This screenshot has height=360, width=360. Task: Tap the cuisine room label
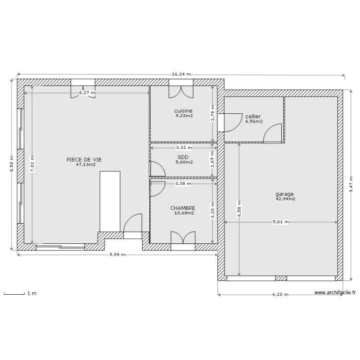(184, 110)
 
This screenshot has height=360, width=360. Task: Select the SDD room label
(183, 157)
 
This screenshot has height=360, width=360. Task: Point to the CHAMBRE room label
(183, 208)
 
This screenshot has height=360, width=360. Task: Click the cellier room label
(253, 117)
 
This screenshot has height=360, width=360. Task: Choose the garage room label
(285, 194)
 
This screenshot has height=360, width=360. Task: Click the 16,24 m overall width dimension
(181, 74)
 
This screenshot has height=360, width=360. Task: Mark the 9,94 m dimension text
(117, 255)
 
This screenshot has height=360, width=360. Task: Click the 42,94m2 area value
(285, 199)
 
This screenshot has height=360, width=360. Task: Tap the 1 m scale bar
(14, 293)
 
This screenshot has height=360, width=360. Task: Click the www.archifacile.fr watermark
(335, 292)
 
